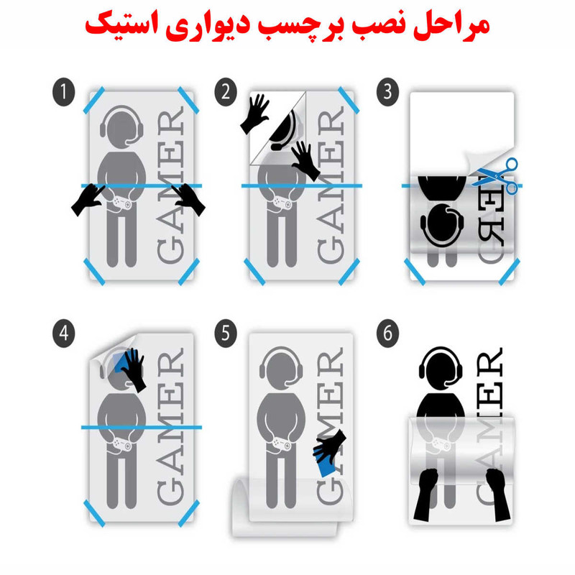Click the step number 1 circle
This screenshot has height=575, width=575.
tap(64, 92)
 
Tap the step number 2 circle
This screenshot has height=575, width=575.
tap(226, 92)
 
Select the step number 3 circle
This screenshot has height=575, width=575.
tap(387, 92)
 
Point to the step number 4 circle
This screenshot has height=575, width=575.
tap(64, 333)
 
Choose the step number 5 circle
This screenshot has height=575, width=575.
tap(226, 333)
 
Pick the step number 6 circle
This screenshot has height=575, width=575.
tap(387, 333)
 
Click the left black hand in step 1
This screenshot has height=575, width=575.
tap(87, 201)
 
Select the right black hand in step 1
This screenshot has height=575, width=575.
tap(190, 199)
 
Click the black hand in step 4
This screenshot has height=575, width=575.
tap(134, 370)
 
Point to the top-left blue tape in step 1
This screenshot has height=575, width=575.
tap(94, 100)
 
